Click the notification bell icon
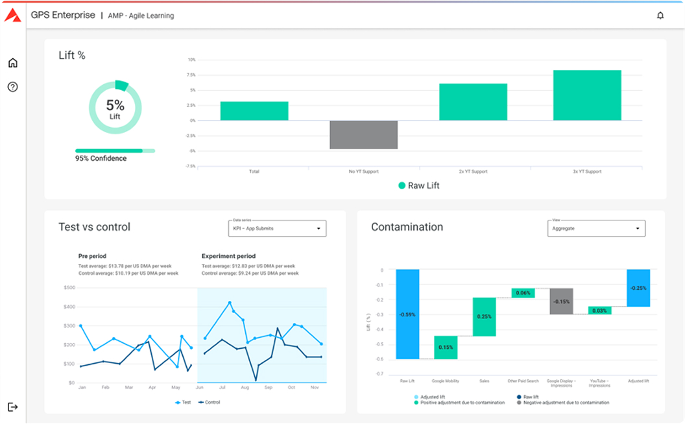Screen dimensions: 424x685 (660, 16)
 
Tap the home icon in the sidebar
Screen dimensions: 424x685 (12, 63)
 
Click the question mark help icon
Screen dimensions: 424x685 (12, 87)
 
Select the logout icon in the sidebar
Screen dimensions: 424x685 (12, 406)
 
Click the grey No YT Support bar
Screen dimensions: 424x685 (363, 135)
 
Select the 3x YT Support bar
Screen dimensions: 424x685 (587, 95)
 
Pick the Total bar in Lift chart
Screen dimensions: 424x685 (254, 111)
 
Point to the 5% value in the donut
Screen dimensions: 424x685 (115, 104)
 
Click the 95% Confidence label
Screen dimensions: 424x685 (101, 158)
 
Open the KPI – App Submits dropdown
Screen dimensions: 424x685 (277, 228)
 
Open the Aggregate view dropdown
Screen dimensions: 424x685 (596, 228)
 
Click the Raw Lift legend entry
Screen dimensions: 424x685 (418, 186)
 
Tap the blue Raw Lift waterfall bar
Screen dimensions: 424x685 (407, 314)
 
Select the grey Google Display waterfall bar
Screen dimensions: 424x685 (561, 301)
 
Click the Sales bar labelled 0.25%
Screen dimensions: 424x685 (484, 316)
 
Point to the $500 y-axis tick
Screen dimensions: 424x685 (69, 287)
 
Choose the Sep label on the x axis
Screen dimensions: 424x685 (268, 388)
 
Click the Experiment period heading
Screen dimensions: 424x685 (228, 256)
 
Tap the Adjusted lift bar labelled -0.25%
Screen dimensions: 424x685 (638, 288)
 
